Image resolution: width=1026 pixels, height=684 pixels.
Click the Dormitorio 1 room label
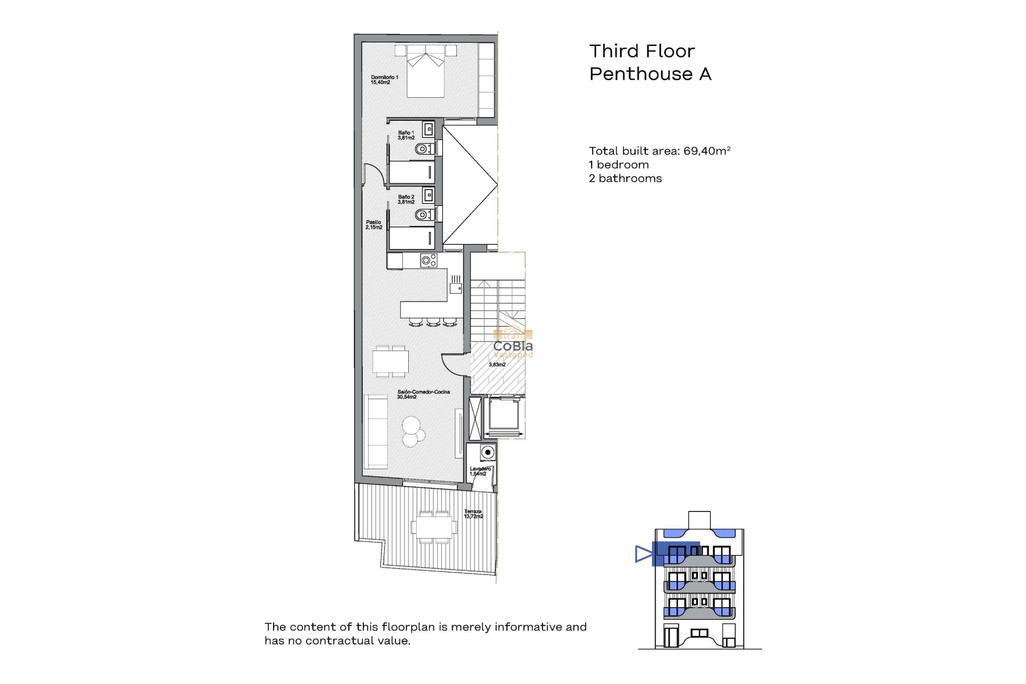coord(384,80)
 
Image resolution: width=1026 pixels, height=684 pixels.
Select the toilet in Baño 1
coord(423,149)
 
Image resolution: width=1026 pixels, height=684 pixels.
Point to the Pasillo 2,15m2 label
coord(374,225)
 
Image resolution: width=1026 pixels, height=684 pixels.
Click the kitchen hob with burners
coord(429,260)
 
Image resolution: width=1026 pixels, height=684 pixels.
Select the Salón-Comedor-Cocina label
coord(423,394)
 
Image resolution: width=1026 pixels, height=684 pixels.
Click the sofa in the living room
coord(376,431)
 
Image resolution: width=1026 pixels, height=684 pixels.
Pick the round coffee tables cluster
coord(413,431)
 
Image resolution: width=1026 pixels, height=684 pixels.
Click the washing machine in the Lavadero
coord(487,453)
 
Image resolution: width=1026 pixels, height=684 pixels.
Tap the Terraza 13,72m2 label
coord(473,514)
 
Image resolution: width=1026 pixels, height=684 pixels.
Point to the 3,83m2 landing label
coord(497,364)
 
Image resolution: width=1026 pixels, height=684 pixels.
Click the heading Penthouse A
coord(650,74)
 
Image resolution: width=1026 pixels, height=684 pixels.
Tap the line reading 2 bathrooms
coord(625,178)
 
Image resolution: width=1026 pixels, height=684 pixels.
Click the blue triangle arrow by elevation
coord(643,554)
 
